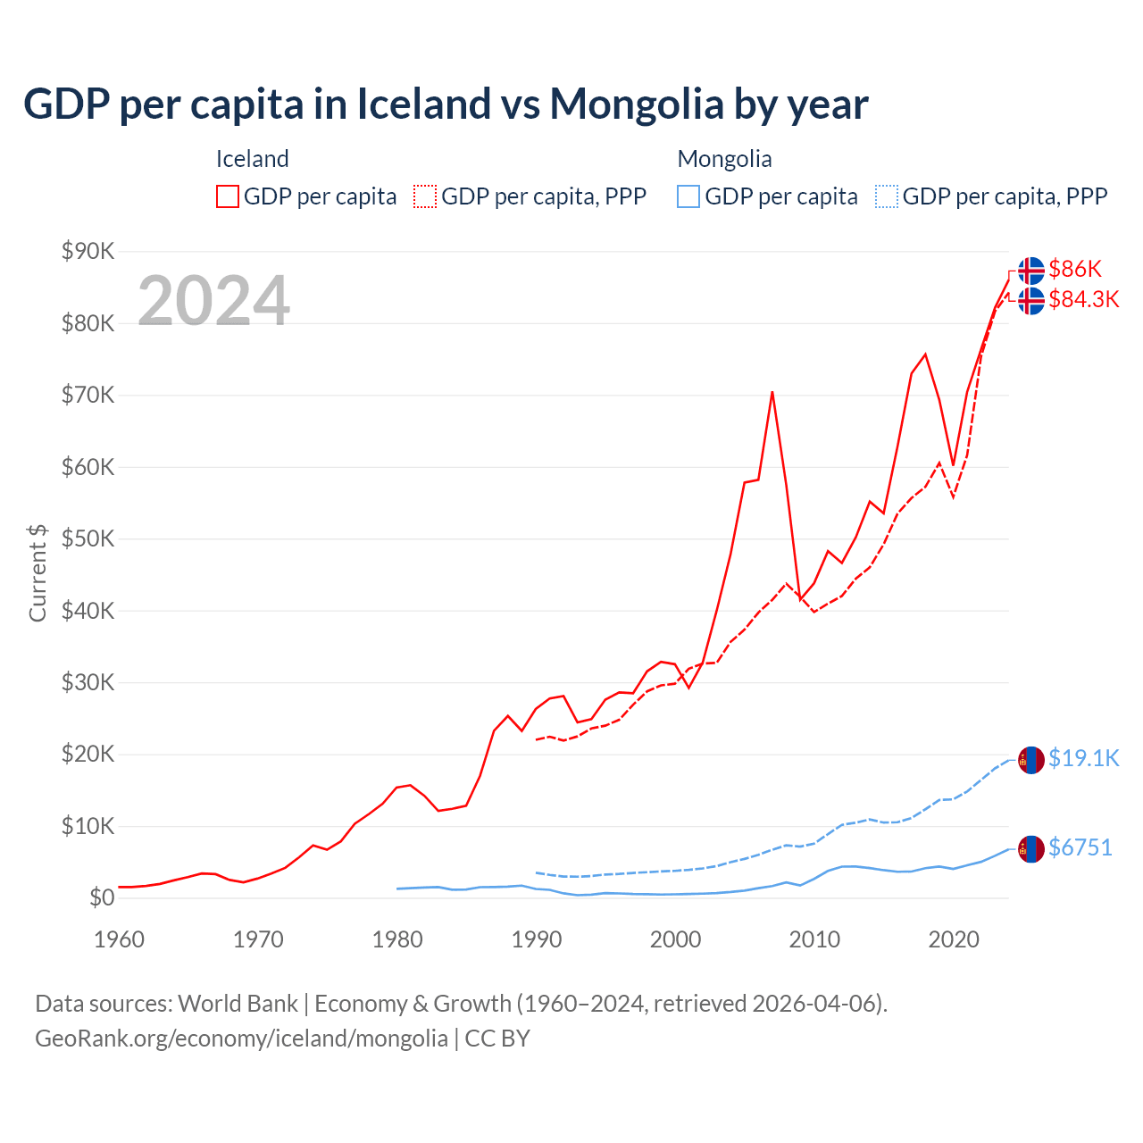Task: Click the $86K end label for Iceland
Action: click(1075, 269)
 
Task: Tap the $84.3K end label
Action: click(1083, 299)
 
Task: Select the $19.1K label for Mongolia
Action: click(1083, 758)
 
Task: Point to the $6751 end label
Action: click(1080, 847)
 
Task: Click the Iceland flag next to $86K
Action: click(1031, 270)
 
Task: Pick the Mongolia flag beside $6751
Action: click(1031, 848)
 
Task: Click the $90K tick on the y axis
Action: click(88, 251)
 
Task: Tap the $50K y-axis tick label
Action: click(88, 538)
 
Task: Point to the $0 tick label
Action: click(102, 897)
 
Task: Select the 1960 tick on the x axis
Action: click(119, 939)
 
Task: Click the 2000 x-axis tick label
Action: click(676, 939)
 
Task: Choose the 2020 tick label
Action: click(954, 939)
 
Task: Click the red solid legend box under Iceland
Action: click(228, 196)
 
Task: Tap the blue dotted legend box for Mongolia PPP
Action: click(887, 196)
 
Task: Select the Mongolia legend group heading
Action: click(724, 159)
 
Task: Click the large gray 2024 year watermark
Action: click(213, 300)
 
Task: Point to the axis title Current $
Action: click(38, 572)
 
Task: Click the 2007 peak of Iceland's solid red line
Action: click(772, 392)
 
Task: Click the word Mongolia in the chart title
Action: click(636, 104)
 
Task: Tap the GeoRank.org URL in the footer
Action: click(241, 1039)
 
